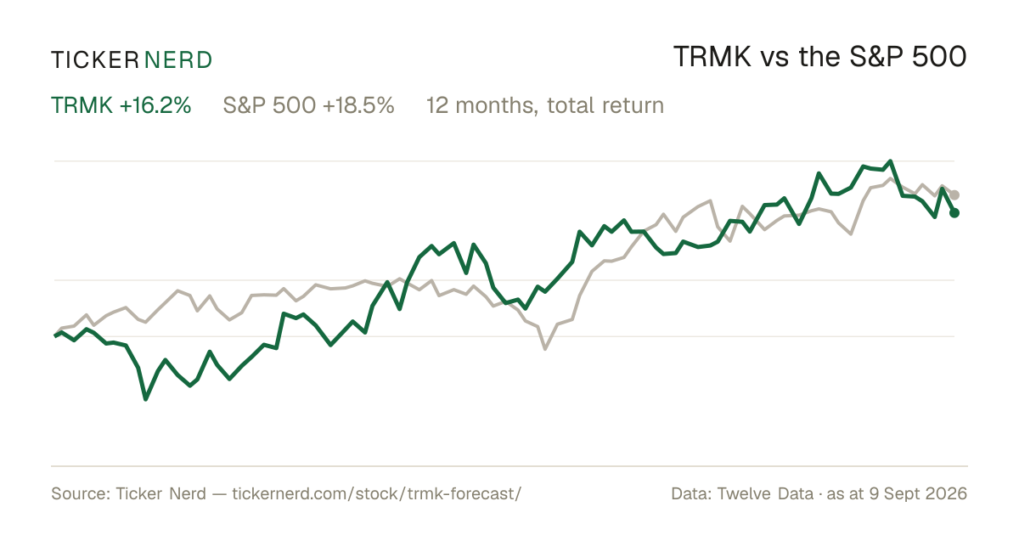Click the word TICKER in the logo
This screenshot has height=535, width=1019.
[x=95, y=60]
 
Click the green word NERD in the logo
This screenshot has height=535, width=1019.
[x=177, y=60]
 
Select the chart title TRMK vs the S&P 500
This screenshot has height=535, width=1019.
[x=819, y=57]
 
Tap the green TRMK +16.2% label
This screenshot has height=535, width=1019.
[x=121, y=105]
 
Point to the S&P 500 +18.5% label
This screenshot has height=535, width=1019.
[x=308, y=105]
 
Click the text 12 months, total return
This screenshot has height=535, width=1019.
[x=545, y=106]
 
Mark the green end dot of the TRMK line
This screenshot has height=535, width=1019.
[x=954, y=212]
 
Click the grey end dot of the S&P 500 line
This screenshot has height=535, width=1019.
[x=954, y=194]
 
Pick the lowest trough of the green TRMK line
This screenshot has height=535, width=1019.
[x=145, y=399]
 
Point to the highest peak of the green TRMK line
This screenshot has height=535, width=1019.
[x=890, y=161]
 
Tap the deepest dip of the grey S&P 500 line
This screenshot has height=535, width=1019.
[x=545, y=348]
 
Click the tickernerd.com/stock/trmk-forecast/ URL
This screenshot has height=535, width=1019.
[x=377, y=493]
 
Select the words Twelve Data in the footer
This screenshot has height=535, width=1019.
[x=765, y=493]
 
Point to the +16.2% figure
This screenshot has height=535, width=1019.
[x=155, y=105]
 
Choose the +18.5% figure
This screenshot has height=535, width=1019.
[x=358, y=105]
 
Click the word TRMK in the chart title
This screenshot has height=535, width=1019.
[x=712, y=57]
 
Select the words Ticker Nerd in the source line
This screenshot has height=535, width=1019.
[x=160, y=493]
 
